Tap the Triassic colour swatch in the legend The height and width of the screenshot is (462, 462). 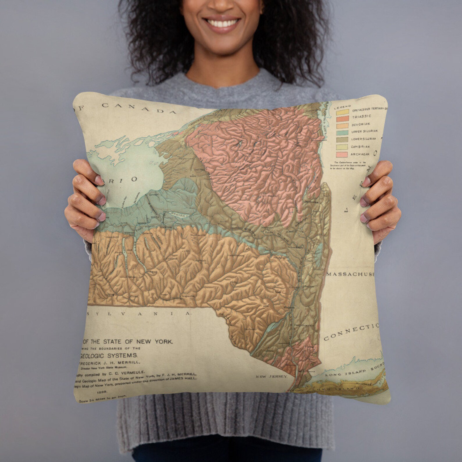(342, 118)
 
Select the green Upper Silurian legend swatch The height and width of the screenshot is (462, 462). (342, 133)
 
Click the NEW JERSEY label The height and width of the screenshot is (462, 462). (271, 376)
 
